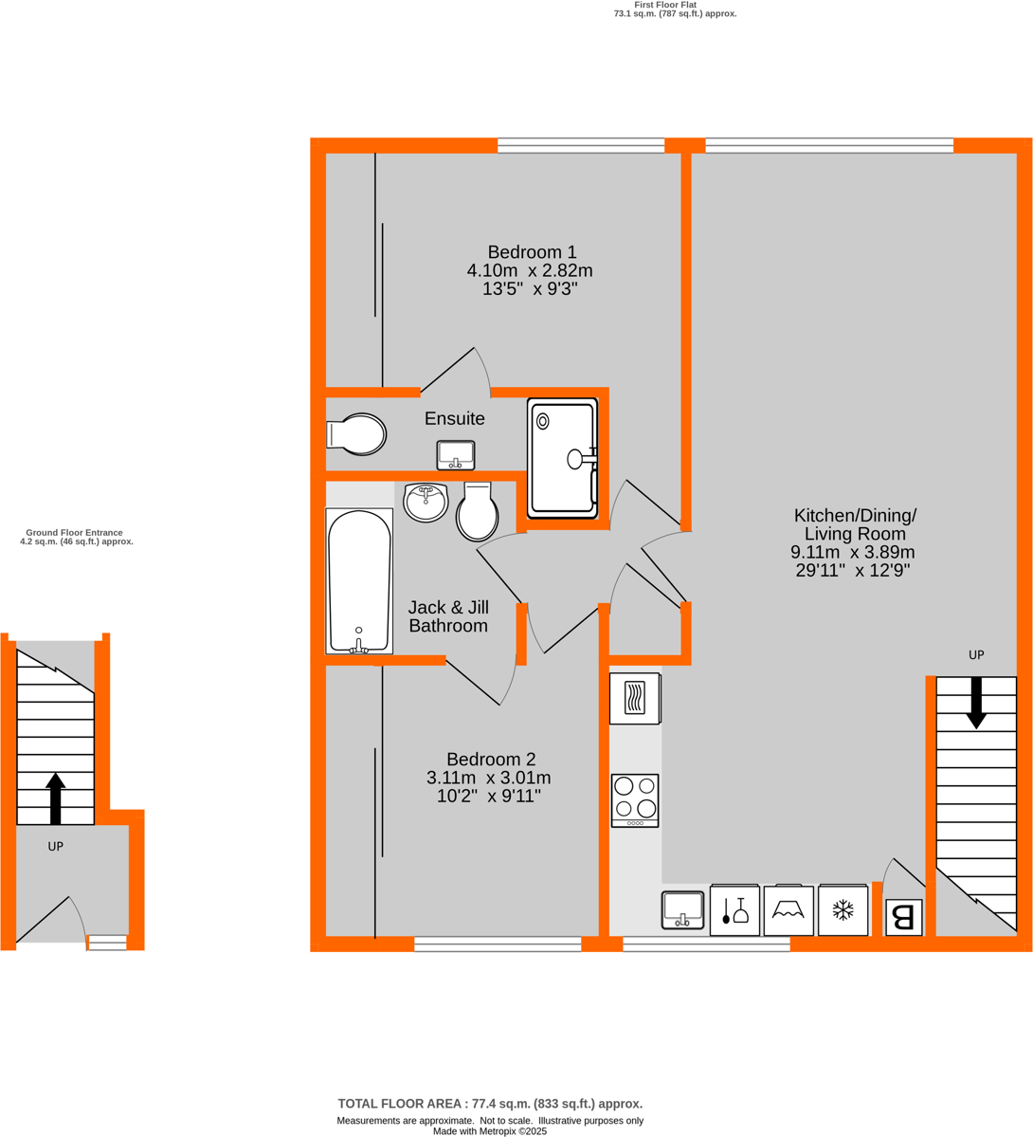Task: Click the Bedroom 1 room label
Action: click(x=532, y=252)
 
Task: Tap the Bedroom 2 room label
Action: click(x=491, y=760)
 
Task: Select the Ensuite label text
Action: click(x=454, y=419)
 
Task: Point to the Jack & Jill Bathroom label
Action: click(x=448, y=616)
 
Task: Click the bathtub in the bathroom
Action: click(x=359, y=580)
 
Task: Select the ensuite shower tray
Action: click(x=562, y=459)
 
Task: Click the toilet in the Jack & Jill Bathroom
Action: click(x=477, y=512)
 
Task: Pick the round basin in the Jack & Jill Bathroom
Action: click(x=426, y=503)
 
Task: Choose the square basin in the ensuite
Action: click(x=456, y=455)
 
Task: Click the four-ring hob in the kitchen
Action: click(x=635, y=799)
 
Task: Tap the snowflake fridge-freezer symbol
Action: click(x=843, y=911)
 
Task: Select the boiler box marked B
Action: click(x=903, y=917)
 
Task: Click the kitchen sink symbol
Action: click(x=683, y=909)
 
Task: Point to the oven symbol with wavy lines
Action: click(x=634, y=699)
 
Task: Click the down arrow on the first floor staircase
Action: click(x=976, y=703)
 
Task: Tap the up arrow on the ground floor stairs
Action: click(x=56, y=798)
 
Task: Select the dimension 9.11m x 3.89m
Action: click(x=853, y=553)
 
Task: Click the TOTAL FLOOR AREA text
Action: click(x=490, y=1104)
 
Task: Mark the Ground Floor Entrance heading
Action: click(x=75, y=533)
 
